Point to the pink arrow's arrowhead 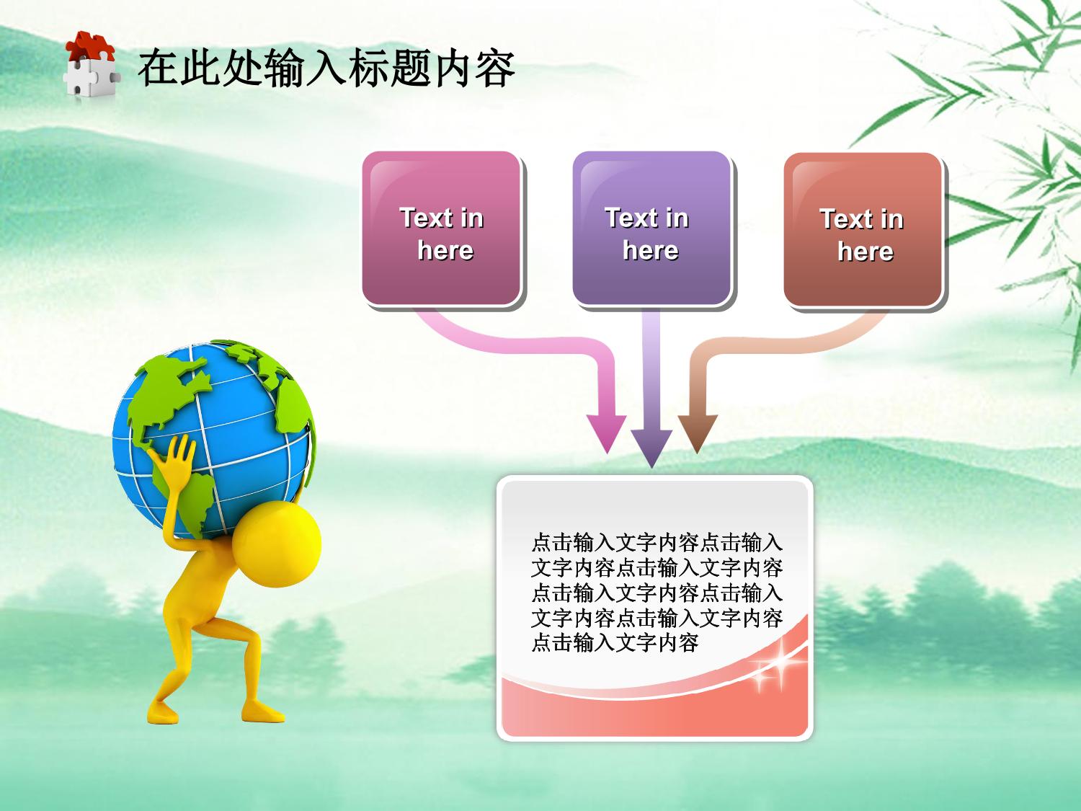tap(607, 433)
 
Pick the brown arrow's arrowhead tap(698, 433)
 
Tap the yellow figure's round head tap(277, 544)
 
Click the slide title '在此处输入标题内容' tap(326, 68)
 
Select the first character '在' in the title tap(158, 68)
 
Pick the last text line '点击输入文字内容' tap(615, 643)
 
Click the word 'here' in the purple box tap(651, 250)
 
